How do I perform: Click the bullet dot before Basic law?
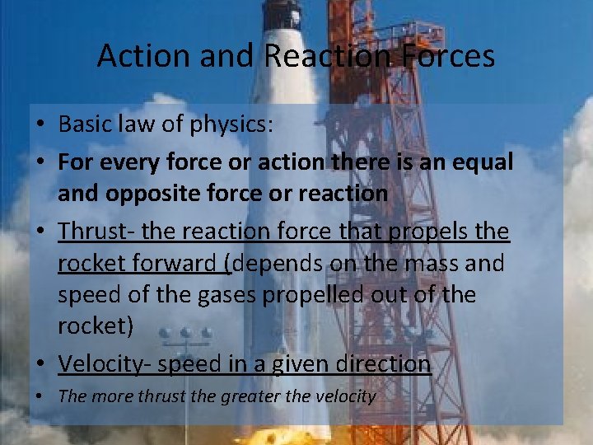pyautogui.click(x=40, y=125)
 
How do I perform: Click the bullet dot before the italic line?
pyautogui.click(x=40, y=396)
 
